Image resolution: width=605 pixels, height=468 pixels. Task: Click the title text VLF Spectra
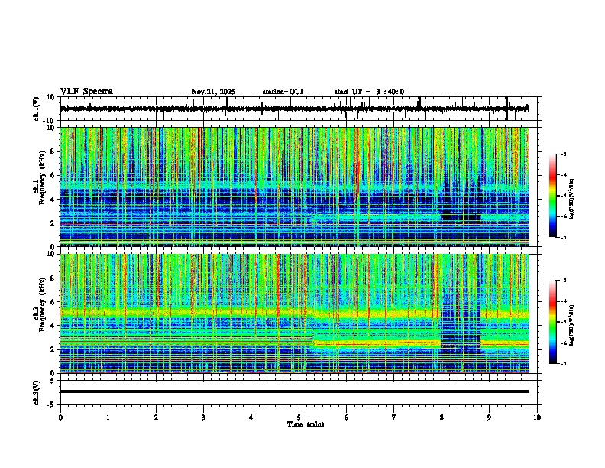(x=86, y=92)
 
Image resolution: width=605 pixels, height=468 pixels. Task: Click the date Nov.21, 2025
(x=213, y=92)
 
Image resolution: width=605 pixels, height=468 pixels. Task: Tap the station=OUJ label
(x=283, y=92)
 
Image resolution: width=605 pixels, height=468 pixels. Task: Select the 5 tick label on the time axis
(x=299, y=418)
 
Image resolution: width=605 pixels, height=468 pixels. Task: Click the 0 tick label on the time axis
(x=60, y=418)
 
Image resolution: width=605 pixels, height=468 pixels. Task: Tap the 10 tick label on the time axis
(x=537, y=418)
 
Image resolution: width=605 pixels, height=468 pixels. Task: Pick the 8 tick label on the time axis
(x=442, y=418)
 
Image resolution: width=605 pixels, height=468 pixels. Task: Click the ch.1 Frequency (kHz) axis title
(x=39, y=187)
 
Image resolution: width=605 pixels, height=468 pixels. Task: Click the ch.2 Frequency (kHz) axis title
(x=39, y=314)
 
